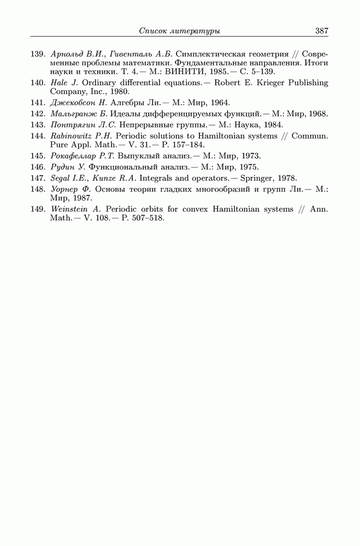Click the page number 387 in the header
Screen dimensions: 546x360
pyautogui.click(x=321, y=31)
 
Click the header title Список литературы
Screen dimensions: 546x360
pyautogui.click(x=180, y=31)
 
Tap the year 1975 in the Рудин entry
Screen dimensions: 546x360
pyautogui.click(x=248, y=167)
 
